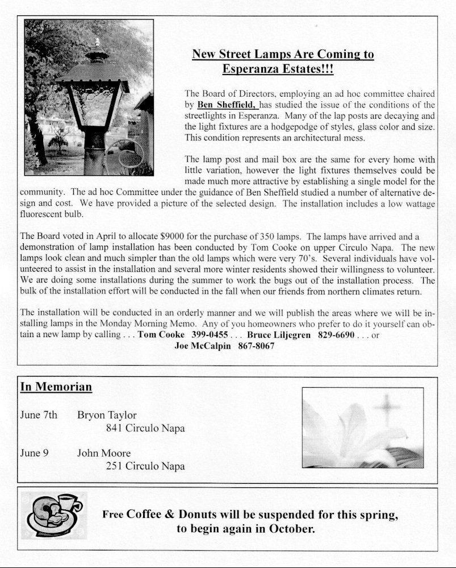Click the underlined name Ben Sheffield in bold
pyautogui.click(x=227, y=105)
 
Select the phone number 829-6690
pyautogui.click(x=336, y=335)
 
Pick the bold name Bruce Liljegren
pyautogui.click(x=278, y=335)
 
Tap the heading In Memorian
pyautogui.click(x=56, y=387)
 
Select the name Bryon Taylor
pyautogui.click(x=107, y=414)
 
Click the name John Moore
pyautogui.click(x=104, y=453)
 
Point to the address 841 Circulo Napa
pyautogui.click(x=145, y=428)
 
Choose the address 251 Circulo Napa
pyautogui.click(x=145, y=467)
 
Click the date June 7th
pyautogui.click(x=39, y=414)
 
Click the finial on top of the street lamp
pyautogui.click(x=97, y=43)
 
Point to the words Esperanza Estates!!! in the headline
pyautogui.click(x=278, y=69)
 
